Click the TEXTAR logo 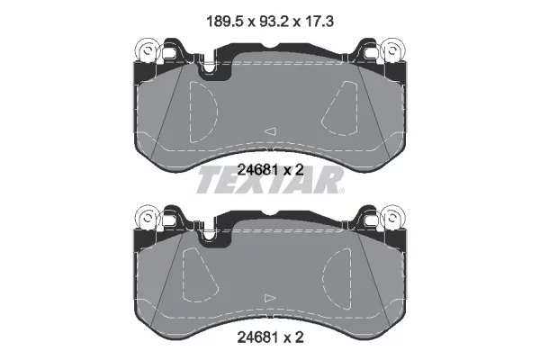pyautogui.click(x=268, y=181)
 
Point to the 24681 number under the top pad pyautogui.click(x=258, y=169)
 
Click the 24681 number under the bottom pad pyautogui.click(x=258, y=337)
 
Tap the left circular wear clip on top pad pyautogui.click(x=148, y=50)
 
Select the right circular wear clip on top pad pyautogui.click(x=393, y=50)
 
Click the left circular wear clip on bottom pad pyautogui.click(x=148, y=218)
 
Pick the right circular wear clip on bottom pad pyautogui.click(x=393, y=218)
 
